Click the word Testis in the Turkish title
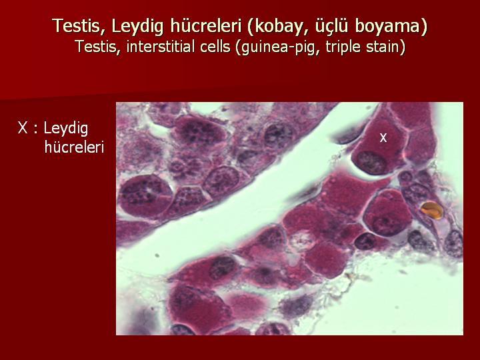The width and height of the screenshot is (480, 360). pyautogui.click(x=75, y=26)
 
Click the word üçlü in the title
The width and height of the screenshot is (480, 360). pyautogui.click(x=331, y=26)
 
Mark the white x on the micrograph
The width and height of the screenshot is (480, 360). pyautogui.click(x=383, y=138)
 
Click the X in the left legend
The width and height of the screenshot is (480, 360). pyautogui.click(x=23, y=128)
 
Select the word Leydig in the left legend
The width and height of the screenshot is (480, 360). pyautogui.click(x=66, y=129)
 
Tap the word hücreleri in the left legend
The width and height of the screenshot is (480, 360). pyautogui.click(x=75, y=147)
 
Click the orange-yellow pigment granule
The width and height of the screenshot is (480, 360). pyautogui.click(x=431, y=210)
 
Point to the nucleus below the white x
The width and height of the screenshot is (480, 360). pyautogui.click(x=371, y=162)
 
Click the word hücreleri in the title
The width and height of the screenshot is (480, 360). pyautogui.click(x=205, y=26)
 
